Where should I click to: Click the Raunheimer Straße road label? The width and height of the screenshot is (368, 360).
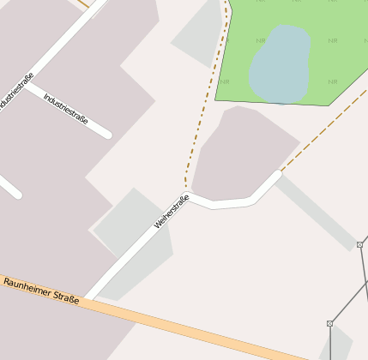point(40,291)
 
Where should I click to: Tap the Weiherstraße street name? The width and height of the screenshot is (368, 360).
point(171,212)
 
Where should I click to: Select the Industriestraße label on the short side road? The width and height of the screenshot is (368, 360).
point(66,109)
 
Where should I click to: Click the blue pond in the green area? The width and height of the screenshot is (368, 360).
point(280,63)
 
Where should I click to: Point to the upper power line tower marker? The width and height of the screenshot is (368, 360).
point(359,244)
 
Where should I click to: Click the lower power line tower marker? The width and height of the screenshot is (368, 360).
point(329,323)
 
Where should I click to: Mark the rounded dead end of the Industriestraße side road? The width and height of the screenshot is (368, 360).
point(106,133)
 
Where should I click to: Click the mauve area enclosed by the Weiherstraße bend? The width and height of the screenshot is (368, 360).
point(237,154)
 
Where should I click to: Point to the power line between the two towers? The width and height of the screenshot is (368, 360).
point(345,283)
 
